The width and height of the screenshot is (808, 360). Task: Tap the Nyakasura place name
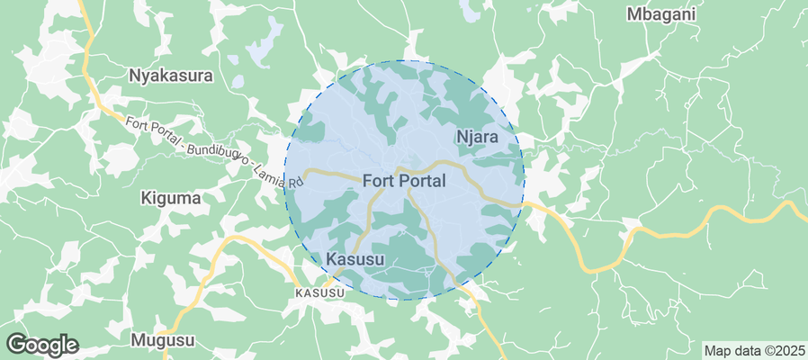(171, 76)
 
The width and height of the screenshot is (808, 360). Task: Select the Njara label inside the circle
(478, 138)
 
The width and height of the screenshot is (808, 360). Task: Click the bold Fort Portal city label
(404, 181)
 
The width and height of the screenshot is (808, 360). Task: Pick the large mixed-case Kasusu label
(355, 260)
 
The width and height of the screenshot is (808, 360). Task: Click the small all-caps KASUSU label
(319, 293)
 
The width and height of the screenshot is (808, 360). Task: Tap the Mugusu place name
(162, 340)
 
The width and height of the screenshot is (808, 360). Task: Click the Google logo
(42, 345)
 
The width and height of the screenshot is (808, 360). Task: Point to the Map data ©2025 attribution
(754, 350)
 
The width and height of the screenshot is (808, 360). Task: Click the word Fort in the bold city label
(379, 181)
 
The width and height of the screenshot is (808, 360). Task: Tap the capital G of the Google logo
(17, 344)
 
